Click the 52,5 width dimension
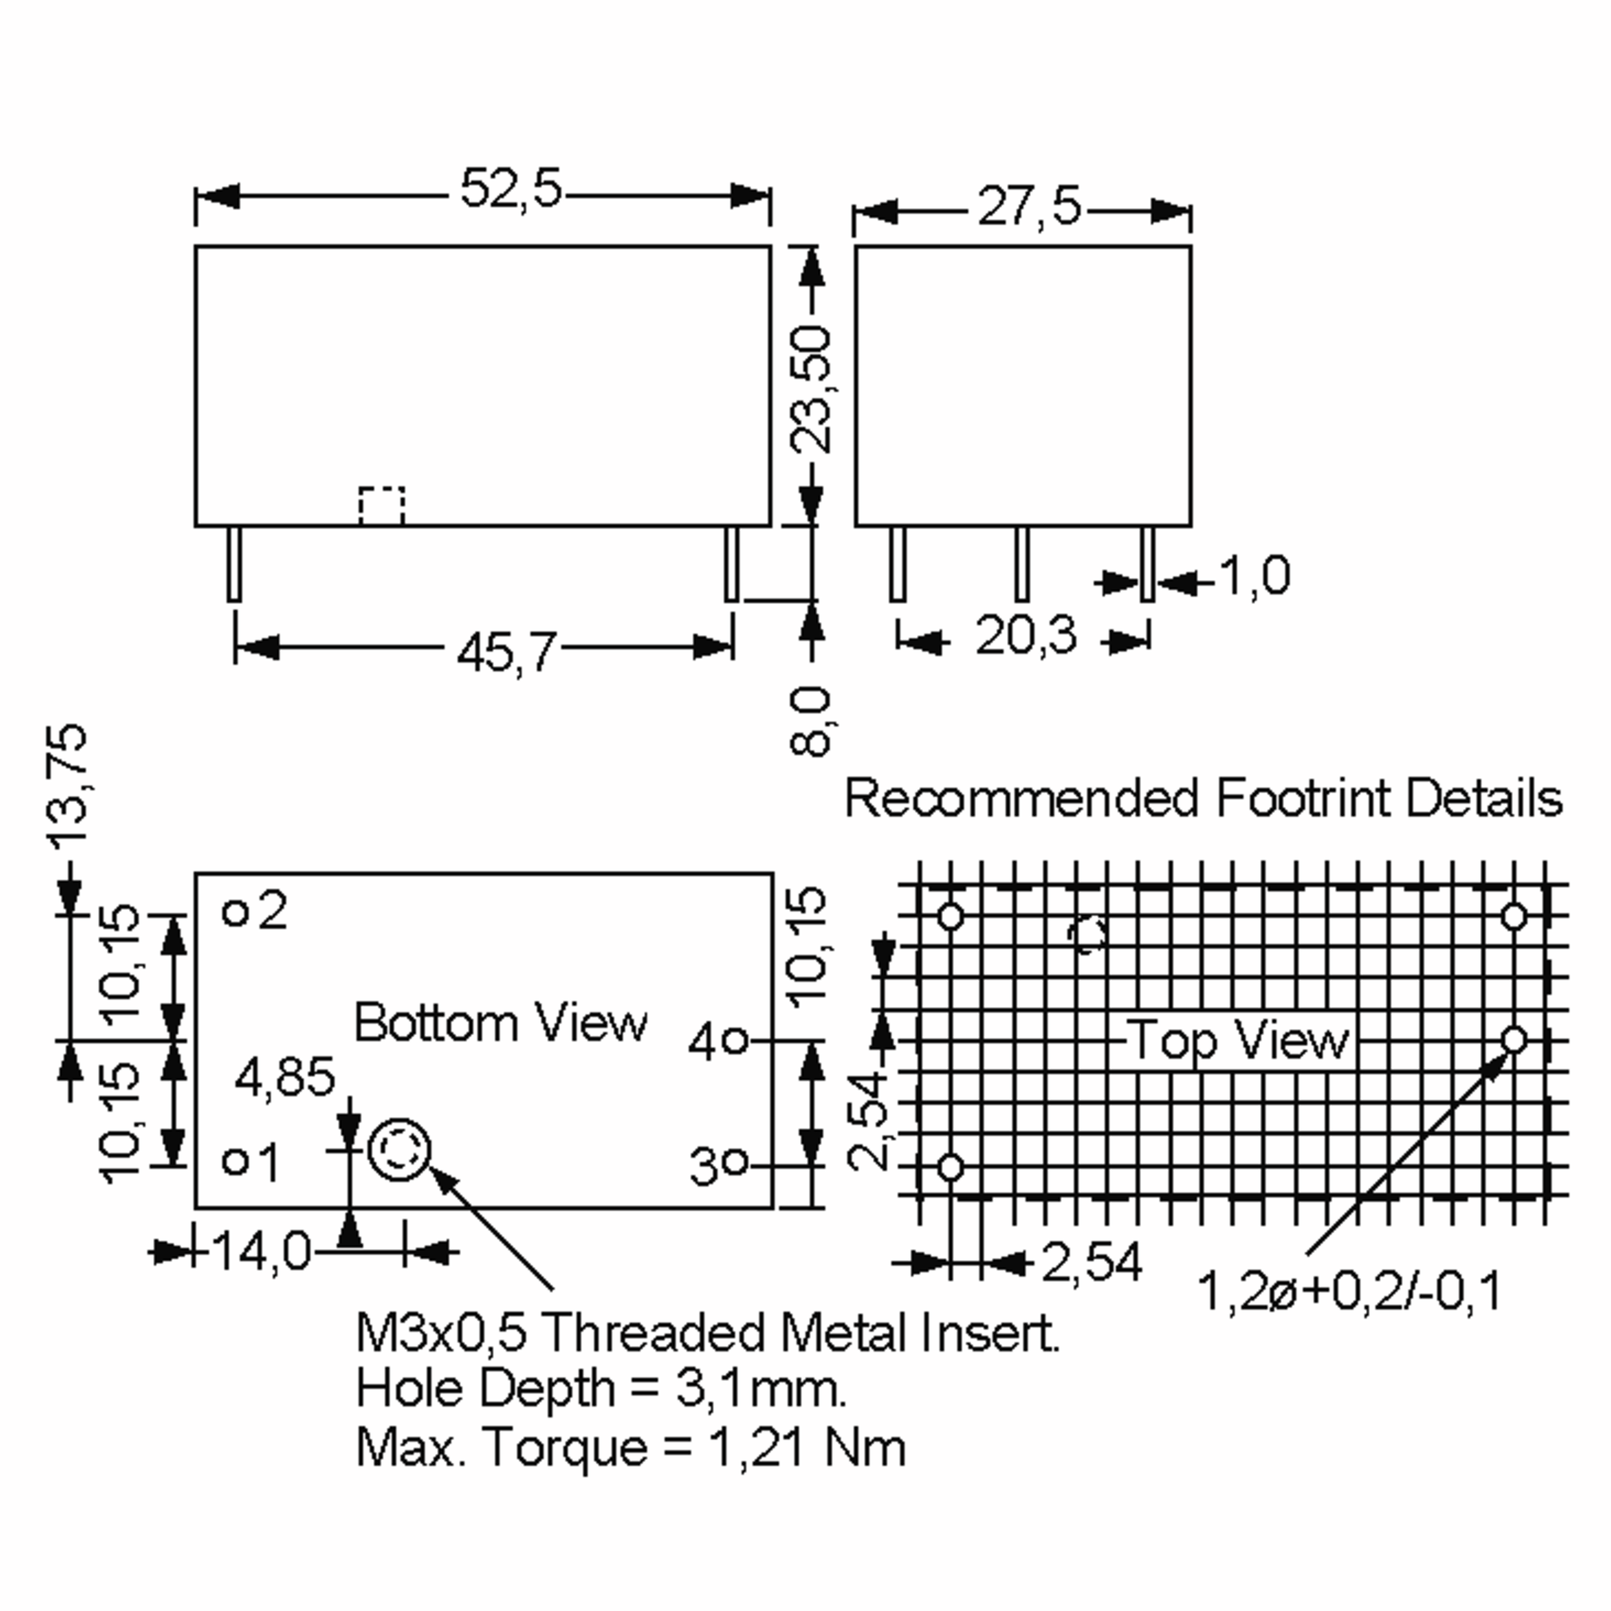(511, 189)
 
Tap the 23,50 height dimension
(810, 389)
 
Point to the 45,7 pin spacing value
(507, 651)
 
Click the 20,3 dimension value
(1026, 636)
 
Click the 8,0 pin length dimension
(810, 722)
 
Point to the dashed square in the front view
(382, 506)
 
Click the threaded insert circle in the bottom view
(399, 1151)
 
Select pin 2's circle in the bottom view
(236, 913)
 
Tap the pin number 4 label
(702, 1042)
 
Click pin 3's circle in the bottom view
(734, 1163)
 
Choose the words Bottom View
(500, 1022)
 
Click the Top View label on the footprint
(1239, 1040)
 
